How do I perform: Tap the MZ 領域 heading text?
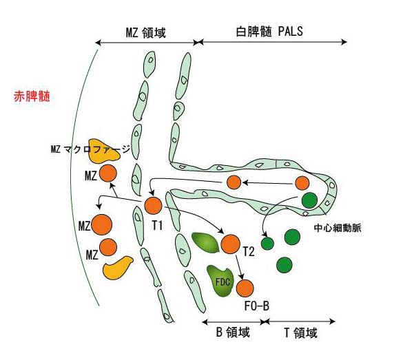(146, 32)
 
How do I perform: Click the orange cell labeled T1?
(153, 205)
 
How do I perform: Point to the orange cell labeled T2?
(229, 244)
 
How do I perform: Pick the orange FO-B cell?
(245, 288)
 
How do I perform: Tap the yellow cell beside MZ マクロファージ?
(105, 151)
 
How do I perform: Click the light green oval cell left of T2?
(204, 242)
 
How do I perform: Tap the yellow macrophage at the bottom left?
(118, 267)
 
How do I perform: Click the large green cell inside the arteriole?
(309, 201)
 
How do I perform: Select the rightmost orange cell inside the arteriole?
(302, 183)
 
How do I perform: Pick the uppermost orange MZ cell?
(107, 173)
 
